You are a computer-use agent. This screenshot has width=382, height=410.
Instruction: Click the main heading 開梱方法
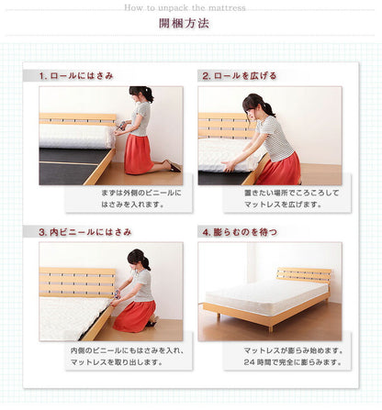pyautogui.click(x=184, y=23)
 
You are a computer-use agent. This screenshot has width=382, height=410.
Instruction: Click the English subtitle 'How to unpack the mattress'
pyautogui.click(x=185, y=7)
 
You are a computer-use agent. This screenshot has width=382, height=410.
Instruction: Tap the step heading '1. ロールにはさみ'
pyautogui.click(x=76, y=76)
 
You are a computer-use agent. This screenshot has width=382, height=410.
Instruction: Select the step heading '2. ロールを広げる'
pyautogui.click(x=239, y=76)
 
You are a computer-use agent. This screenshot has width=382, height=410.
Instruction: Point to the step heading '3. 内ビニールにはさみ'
pyautogui.click(x=85, y=232)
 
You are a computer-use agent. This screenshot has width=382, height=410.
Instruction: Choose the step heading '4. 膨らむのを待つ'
pyautogui.click(x=240, y=232)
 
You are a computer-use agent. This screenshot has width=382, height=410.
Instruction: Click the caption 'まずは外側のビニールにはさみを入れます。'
pyautogui.click(x=141, y=199)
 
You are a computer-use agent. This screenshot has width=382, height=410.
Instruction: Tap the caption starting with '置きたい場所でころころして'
pyautogui.click(x=292, y=199)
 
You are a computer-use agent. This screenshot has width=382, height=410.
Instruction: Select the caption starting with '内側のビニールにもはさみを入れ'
pyautogui.click(x=127, y=357)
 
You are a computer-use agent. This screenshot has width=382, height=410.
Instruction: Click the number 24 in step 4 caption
pyautogui.click(x=249, y=362)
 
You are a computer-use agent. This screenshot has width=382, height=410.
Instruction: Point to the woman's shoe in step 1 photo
pyautogui.click(x=174, y=166)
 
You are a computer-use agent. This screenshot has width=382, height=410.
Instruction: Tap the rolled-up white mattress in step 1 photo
pyautogui.click(x=76, y=136)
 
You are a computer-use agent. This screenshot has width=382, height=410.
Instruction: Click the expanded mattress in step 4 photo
pyautogui.click(x=265, y=295)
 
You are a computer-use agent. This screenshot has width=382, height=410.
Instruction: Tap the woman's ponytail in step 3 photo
pyautogui.click(x=146, y=262)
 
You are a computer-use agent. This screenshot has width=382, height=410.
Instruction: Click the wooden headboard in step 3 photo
pyautogui.click(x=77, y=283)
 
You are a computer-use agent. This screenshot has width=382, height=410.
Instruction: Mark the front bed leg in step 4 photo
pyautogui.click(x=270, y=328)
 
